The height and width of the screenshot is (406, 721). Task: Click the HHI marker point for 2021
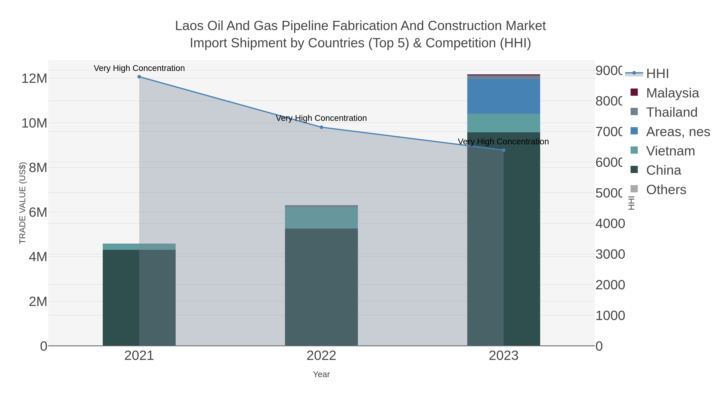pyautogui.click(x=139, y=77)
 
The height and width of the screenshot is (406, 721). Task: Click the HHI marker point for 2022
pyautogui.click(x=321, y=127)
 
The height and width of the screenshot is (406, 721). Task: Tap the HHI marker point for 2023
pyautogui.click(x=503, y=150)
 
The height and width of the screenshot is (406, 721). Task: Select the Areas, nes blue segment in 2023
pyautogui.click(x=503, y=96)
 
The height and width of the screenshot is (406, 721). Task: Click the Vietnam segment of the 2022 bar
pyautogui.click(x=321, y=218)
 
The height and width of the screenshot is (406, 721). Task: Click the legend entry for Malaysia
pyautogui.click(x=672, y=93)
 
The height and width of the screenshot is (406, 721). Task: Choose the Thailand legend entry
pyautogui.click(x=672, y=112)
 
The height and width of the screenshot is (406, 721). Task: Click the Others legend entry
pyautogui.click(x=666, y=189)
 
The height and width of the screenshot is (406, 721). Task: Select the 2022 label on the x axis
pyautogui.click(x=321, y=355)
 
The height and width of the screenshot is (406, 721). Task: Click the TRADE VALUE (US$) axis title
pyautogui.click(x=22, y=203)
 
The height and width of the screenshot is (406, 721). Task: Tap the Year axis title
pyautogui.click(x=321, y=374)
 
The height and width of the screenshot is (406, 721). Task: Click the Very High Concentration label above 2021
pyautogui.click(x=139, y=68)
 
